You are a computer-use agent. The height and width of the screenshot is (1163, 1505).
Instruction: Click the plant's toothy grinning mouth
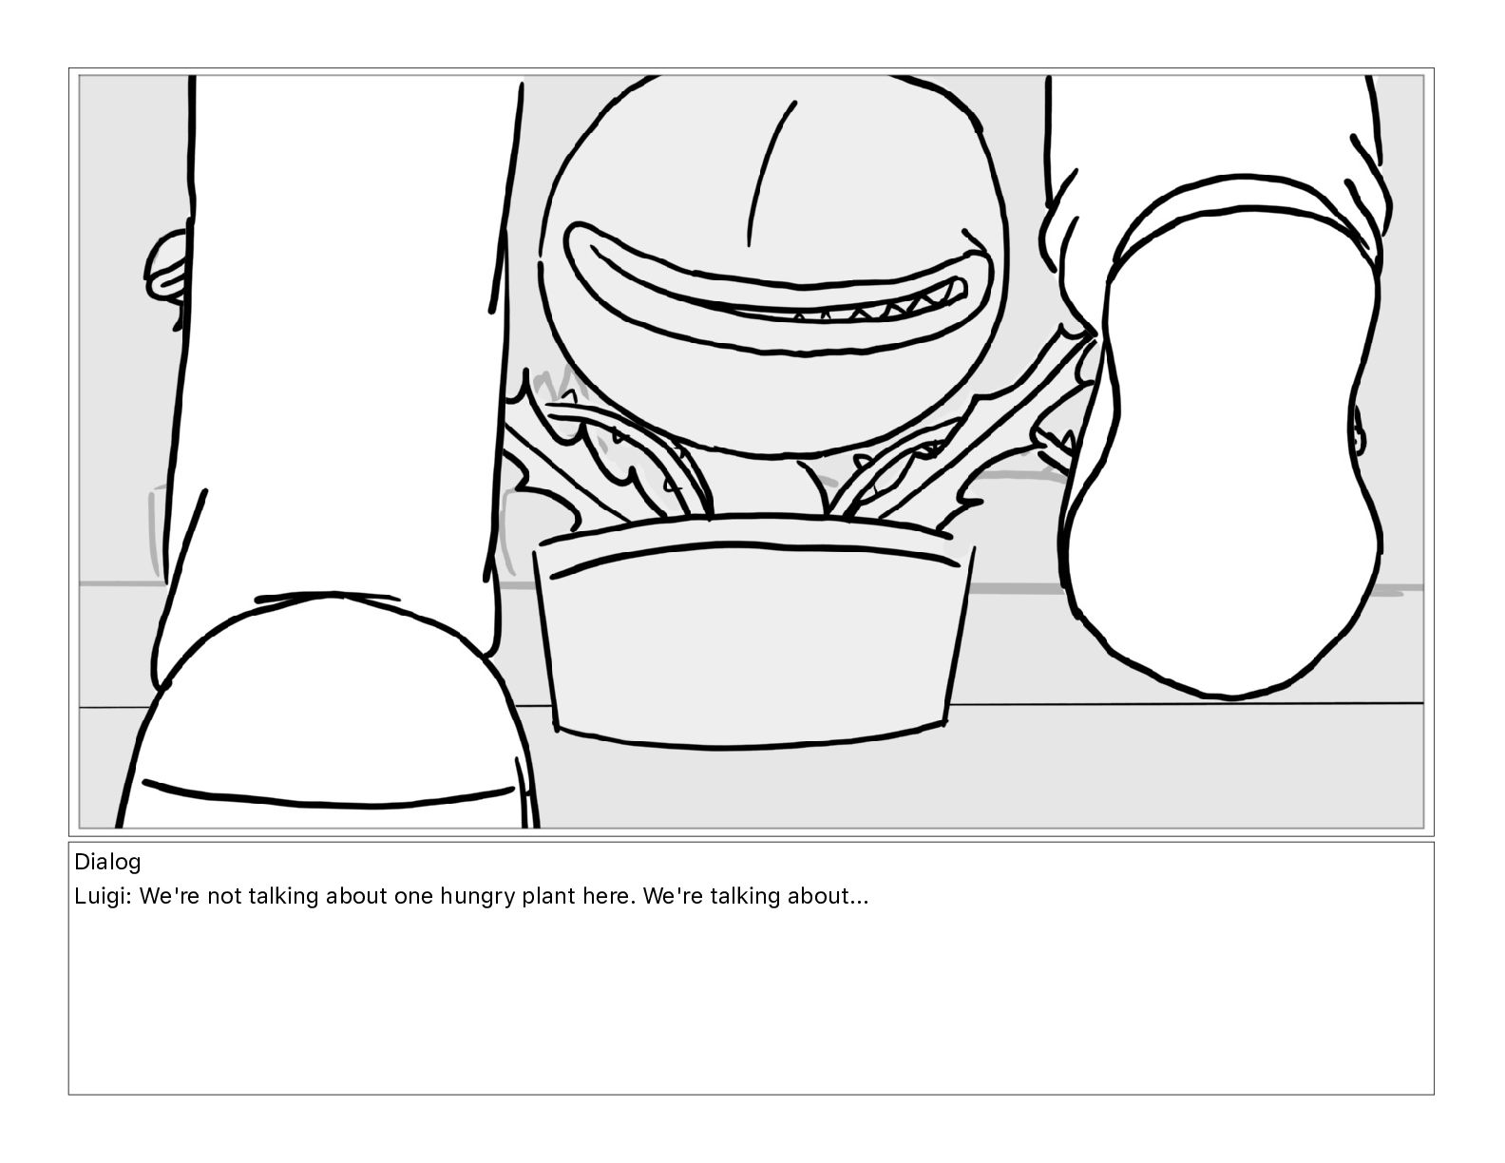(778, 289)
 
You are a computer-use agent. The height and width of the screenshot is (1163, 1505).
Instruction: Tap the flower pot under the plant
(753, 633)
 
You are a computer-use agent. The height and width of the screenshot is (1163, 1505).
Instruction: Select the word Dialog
(107, 862)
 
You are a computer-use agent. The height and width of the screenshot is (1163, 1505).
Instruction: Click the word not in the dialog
(224, 896)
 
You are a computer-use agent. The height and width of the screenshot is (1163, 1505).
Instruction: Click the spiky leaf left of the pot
(547, 450)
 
